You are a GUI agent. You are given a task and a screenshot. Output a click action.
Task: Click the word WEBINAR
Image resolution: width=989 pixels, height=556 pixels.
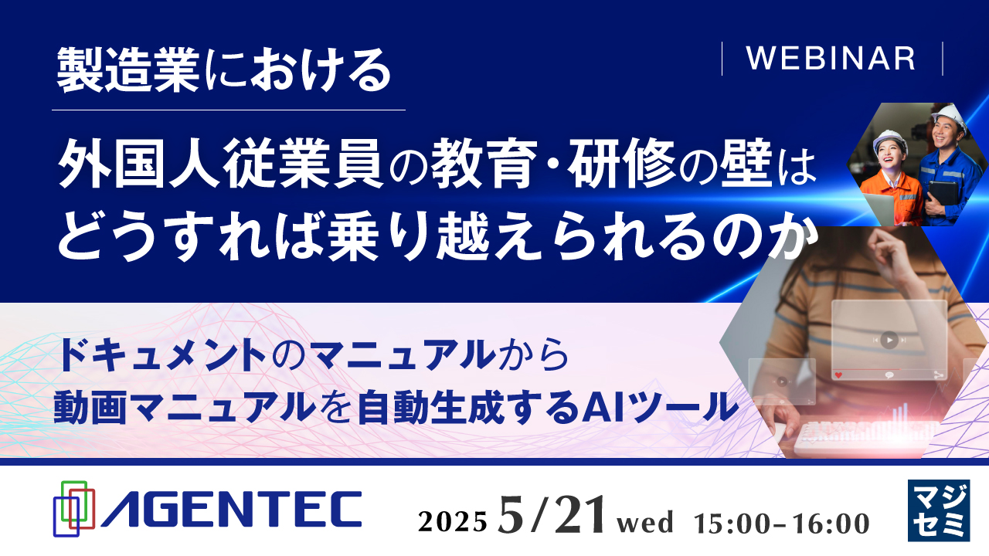tap(831, 59)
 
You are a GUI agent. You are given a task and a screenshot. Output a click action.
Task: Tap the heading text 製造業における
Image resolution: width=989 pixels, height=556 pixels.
tap(225, 71)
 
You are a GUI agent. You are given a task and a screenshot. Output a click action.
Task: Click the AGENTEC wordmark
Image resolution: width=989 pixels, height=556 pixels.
tap(232, 510)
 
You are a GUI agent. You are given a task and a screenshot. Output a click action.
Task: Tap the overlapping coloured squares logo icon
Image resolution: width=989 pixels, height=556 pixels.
tap(73, 508)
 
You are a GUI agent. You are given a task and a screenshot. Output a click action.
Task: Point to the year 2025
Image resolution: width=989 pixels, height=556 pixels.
tap(453, 522)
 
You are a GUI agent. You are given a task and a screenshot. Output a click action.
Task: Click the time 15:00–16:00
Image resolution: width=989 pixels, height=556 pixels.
tap(782, 522)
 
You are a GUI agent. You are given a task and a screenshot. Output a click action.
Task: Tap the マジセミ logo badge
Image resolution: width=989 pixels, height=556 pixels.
tap(938, 510)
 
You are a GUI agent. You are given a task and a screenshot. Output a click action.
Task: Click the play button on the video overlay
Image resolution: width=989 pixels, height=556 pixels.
tap(889, 339)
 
